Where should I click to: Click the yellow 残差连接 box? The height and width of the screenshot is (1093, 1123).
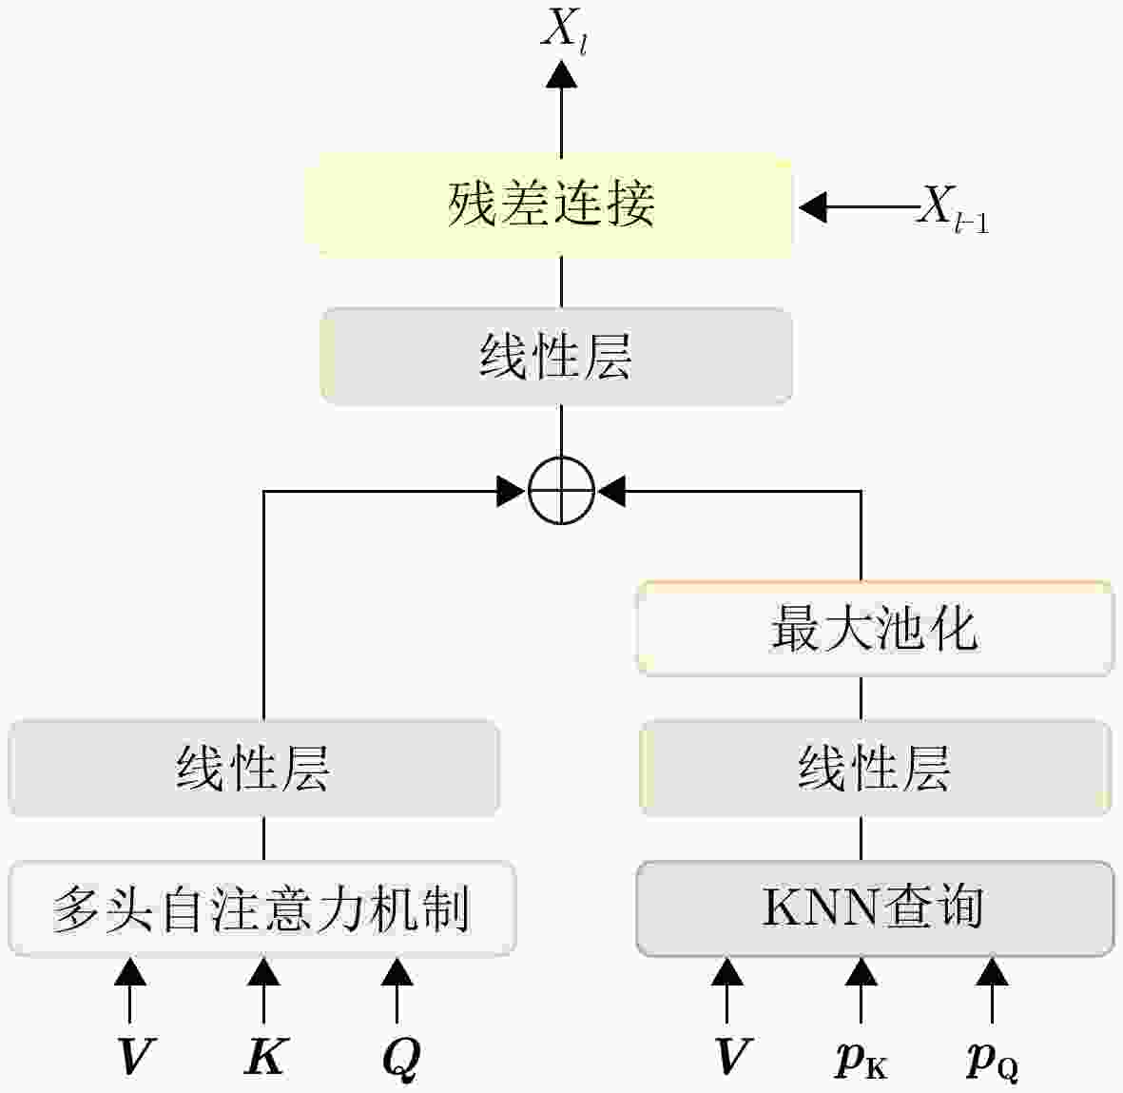tap(550, 205)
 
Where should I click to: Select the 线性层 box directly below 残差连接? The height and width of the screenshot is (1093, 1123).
tap(556, 357)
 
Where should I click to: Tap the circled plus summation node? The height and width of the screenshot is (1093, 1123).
tap(561, 492)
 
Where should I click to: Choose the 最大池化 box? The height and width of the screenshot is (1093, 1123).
tap(874, 629)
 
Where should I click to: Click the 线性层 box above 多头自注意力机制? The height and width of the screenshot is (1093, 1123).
tap(254, 768)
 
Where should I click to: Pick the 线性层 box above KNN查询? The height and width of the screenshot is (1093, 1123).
tap(874, 768)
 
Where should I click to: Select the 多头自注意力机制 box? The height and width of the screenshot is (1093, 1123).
tap(261, 908)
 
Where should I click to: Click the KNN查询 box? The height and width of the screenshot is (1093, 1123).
tap(874, 908)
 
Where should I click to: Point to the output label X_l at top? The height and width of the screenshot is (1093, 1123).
tap(563, 30)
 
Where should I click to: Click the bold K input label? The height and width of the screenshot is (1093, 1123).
tap(263, 1057)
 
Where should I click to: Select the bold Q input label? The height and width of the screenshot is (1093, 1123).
tap(399, 1058)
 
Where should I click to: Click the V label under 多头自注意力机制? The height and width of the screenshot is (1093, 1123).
tap(132, 1057)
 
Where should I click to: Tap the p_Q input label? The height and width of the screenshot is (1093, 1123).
tap(992, 1060)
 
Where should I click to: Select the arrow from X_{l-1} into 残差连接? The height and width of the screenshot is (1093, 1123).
tap(856, 206)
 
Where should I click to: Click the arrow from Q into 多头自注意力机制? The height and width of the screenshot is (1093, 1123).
tap(397, 989)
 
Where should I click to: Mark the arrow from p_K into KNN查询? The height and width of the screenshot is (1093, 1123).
tap(861, 989)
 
